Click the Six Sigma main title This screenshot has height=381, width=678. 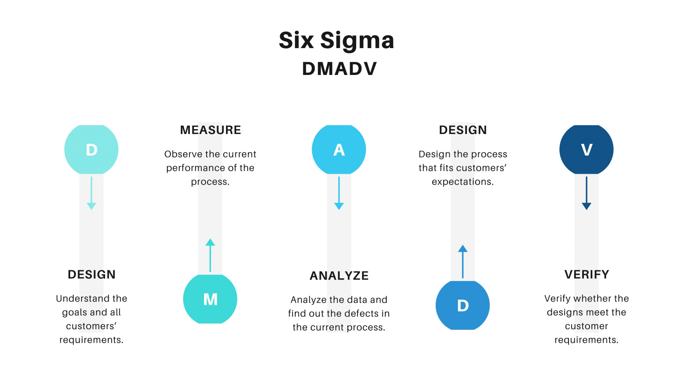pyautogui.click(x=336, y=41)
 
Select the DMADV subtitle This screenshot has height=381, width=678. pyautogui.click(x=339, y=69)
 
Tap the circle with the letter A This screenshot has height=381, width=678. pyautogui.click(x=339, y=150)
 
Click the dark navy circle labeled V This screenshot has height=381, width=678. pyautogui.click(x=586, y=150)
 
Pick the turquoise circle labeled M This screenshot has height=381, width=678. pyautogui.click(x=210, y=299)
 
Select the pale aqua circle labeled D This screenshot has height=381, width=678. pyautogui.click(x=91, y=150)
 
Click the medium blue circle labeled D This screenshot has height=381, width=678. pyautogui.click(x=463, y=306)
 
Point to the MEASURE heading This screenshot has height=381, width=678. pyautogui.click(x=211, y=130)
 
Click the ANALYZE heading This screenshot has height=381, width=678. pyautogui.click(x=339, y=276)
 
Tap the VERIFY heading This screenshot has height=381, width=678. pyautogui.click(x=587, y=275)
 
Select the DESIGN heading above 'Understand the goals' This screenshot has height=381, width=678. pyautogui.click(x=91, y=275)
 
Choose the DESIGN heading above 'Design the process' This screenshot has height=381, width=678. pyautogui.click(x=463, y=130)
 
